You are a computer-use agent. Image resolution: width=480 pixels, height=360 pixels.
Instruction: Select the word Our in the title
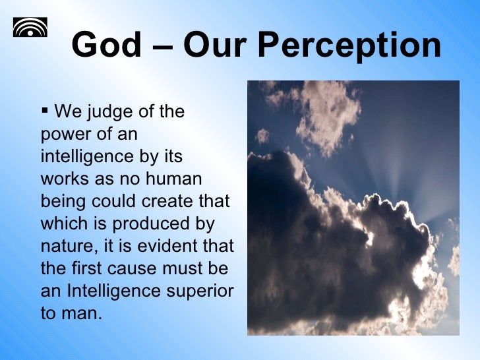[x=219, y=45]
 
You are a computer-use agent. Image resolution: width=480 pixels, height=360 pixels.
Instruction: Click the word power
[x=65, y=135]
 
